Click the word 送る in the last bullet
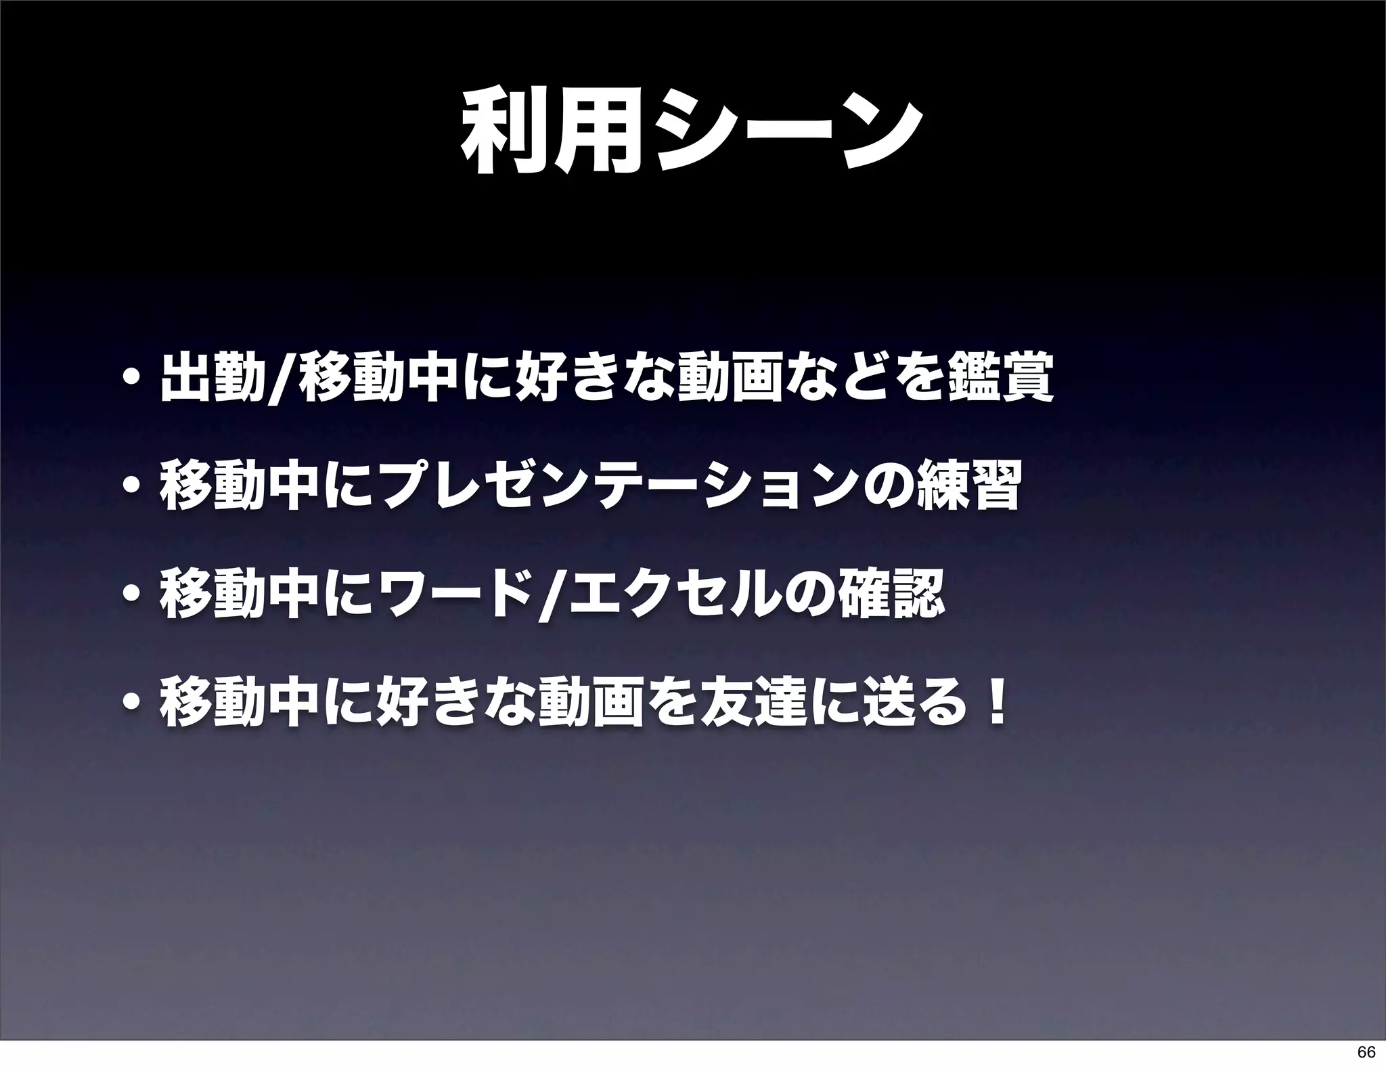point(920,704)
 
